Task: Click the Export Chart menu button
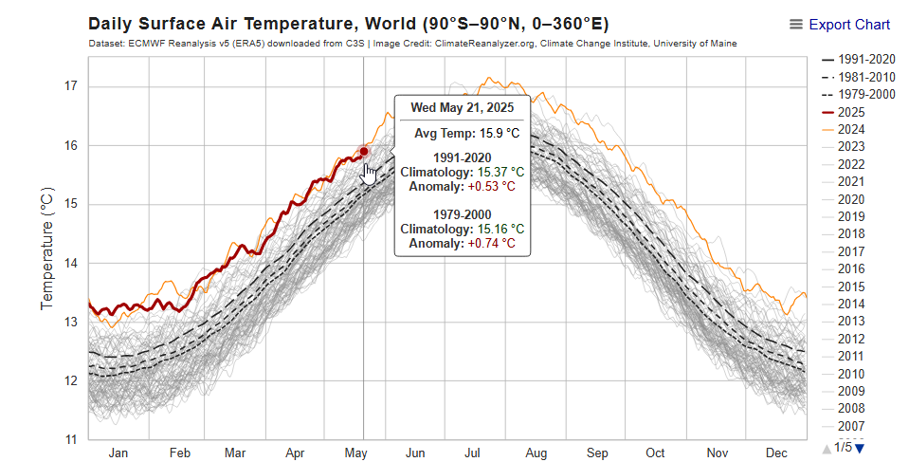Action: (x=840, y=25)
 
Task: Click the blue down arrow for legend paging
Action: (x=861, y=448)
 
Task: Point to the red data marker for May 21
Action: (x=363, y=151)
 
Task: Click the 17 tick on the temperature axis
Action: (x=70, y=86)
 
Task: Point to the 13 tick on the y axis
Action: (x=70, y=322)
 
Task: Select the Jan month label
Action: (x=118, y=453)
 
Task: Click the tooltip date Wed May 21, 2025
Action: (x=463, y=107)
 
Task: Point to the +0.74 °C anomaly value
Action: (x=491, y=244)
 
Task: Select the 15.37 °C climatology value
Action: (x=500, y=173)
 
